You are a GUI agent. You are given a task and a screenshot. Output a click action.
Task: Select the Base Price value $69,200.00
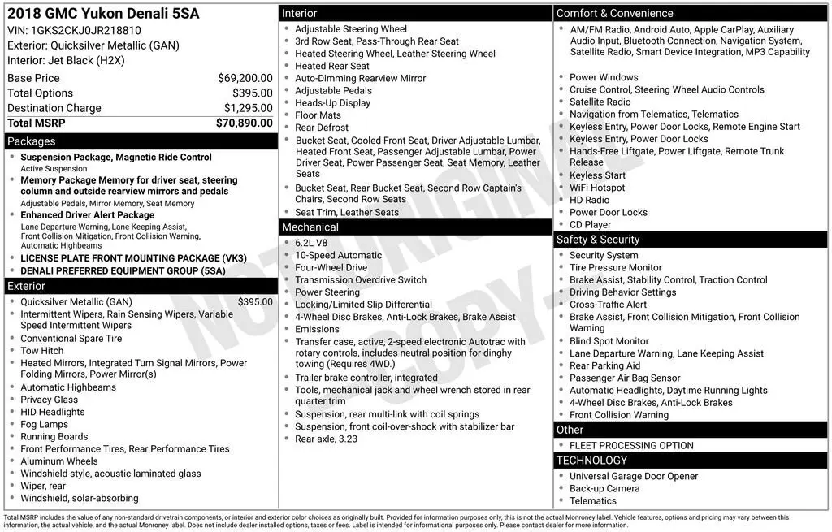(x=245, y=78)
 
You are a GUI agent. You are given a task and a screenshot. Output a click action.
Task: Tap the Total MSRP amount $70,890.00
(x=244, y=123)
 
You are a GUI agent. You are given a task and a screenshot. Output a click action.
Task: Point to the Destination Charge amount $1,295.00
(x=248, y=108)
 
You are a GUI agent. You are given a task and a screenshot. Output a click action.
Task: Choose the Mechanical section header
(x=310, y=227)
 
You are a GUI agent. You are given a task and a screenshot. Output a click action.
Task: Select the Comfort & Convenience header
(x=614, y=13)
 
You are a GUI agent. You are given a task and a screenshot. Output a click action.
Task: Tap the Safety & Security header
(x=597, y=240)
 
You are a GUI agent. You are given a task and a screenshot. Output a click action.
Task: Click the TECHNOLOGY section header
(x=591, y=461)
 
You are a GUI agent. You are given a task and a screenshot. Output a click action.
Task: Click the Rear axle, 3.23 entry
(x=326, y=439)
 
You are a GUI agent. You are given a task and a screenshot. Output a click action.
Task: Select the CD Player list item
(x=590, y=225)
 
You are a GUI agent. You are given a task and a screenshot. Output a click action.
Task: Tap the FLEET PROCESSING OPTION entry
(x=631, y=445)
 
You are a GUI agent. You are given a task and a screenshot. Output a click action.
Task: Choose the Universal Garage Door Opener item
(x=634, y=476)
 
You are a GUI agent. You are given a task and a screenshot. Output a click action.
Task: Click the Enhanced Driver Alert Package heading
(x=87, y=215)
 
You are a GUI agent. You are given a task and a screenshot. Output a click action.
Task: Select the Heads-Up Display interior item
(x=332, y=103)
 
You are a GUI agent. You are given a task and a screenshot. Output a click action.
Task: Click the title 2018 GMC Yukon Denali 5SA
(x=102, y=14)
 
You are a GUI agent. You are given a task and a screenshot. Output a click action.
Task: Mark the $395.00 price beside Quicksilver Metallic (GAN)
(x=255, y=301)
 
